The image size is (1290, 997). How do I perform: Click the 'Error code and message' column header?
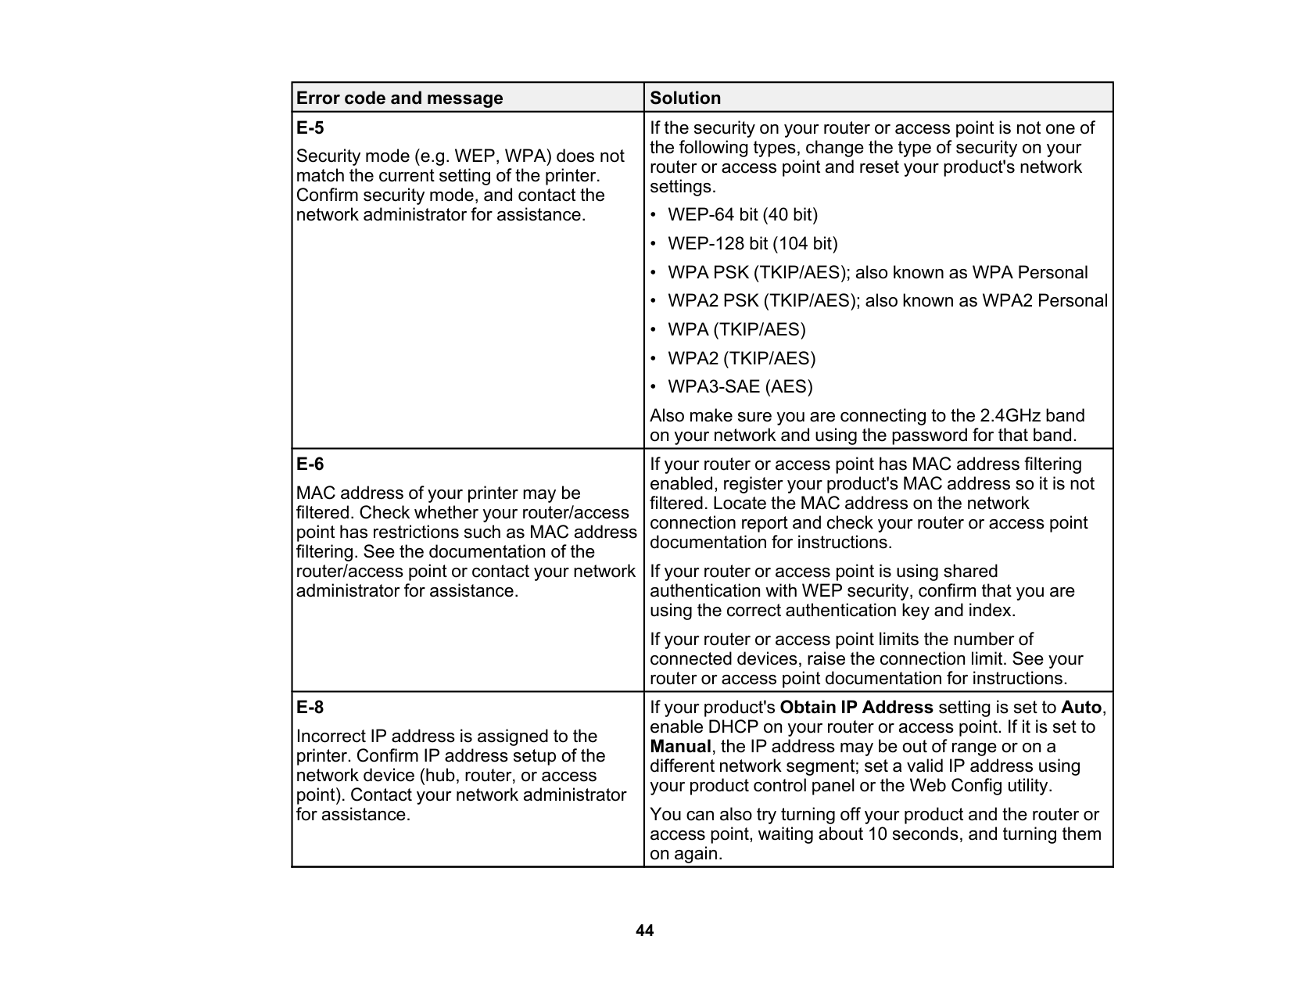click(400, 99)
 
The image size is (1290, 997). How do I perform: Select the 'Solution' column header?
click(686, 99)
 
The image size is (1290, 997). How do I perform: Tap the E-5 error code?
click(310, 128)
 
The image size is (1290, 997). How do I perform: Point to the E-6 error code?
click(310, 464)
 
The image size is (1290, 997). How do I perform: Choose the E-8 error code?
click(310, 708)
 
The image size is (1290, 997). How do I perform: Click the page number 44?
click(644, 931)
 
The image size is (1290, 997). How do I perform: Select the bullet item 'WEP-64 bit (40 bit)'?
click(742, 215)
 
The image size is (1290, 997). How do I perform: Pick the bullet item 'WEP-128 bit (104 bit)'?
click(752, 244)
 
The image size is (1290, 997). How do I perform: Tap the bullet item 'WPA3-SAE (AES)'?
click(740, 387)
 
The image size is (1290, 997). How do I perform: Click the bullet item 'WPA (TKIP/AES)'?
click(736, 330)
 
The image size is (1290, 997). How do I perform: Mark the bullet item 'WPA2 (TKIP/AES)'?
click(741, 359)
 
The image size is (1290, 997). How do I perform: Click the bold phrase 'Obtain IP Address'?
click(856, 708)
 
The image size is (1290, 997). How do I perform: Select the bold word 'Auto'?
click(1081, 708)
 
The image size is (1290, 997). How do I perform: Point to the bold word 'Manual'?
click(680, 747)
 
